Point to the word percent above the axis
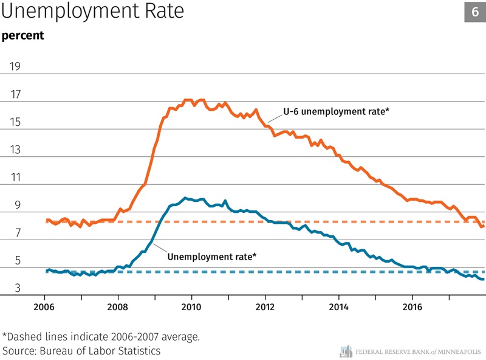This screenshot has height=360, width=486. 22,35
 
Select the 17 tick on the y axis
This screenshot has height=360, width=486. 14,95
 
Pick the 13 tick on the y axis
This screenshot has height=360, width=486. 14,150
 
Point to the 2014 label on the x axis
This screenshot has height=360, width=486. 339,305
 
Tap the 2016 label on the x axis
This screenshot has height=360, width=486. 412,305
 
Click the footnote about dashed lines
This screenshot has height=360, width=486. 101,336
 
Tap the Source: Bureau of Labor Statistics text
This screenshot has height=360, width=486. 81,351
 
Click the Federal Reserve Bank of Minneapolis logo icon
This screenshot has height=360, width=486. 346,351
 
